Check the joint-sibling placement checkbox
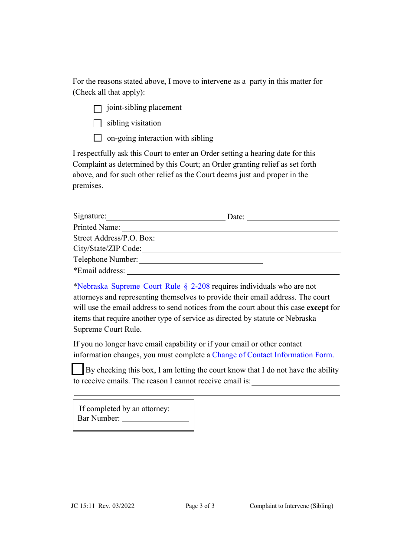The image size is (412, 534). pyautogui.click(x=98, y=109)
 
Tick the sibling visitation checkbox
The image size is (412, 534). pyautogui.click(x=98, y=123)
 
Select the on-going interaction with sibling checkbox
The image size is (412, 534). pyautogui.click(x=98, y=138)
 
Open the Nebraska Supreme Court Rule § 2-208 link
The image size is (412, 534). pyautogui.click(x=144, y=287)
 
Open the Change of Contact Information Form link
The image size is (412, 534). pyautogui.click(x=273, y=355)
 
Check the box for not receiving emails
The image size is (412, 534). pyautogui.click(x=78, y=369)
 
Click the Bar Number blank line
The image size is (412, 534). pyautogui.click(x=156, y=419)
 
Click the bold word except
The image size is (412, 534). pyautogui.click(x=317, y=308)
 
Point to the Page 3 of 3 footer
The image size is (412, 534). pyautogui.click(x=200, y=506)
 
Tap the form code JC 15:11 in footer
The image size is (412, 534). pyautogui.click(x=83, y=506)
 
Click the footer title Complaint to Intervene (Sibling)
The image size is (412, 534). pyautogui.click(x=291, y=506)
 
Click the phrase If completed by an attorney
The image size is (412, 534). pyautogui.click(x=124, y=409)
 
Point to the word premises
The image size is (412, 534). pyautogui.click(x=88, y=186)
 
